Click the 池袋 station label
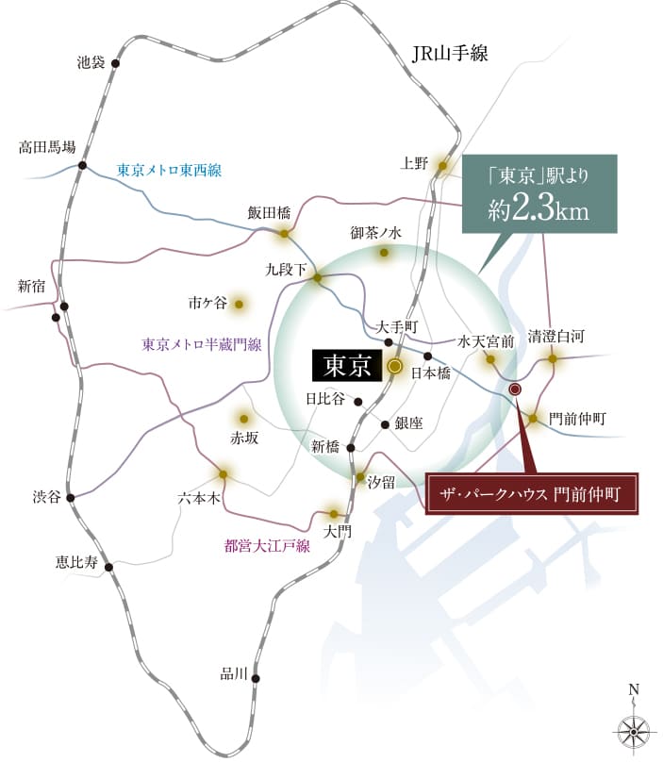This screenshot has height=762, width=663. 91,64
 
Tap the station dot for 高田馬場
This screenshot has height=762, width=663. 83,166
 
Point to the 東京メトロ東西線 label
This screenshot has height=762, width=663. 169,171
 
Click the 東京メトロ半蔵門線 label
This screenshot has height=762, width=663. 201,344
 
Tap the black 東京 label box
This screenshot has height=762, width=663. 346,365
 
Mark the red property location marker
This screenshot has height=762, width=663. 515,389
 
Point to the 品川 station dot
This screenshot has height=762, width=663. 256,678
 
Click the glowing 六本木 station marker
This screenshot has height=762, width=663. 224,474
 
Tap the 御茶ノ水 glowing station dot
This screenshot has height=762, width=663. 384,253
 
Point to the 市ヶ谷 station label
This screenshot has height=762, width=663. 207,304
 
